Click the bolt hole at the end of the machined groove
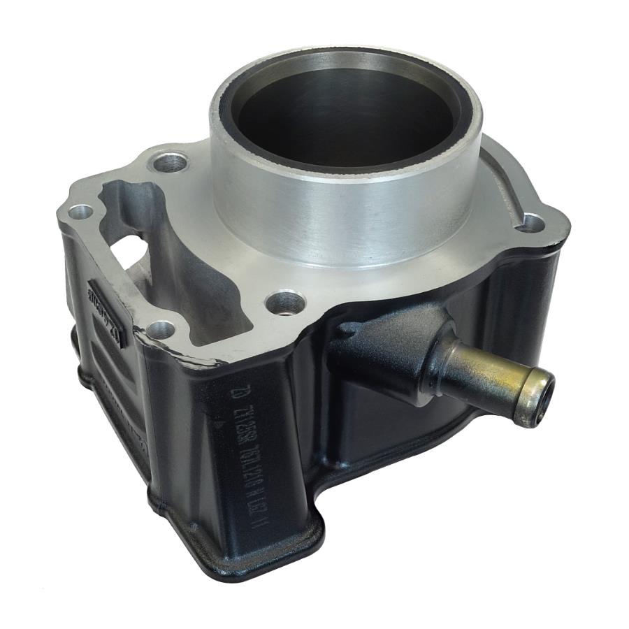pos(532,223)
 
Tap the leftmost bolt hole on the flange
pos(82,211)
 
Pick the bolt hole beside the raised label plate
pos(161,328)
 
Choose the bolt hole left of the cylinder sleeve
pos(171,163)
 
